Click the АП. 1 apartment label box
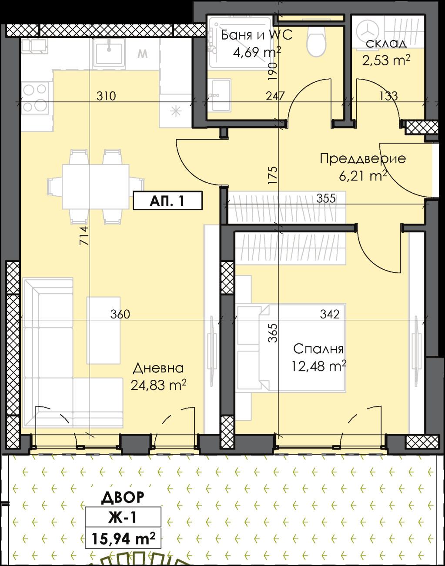pos(167,201)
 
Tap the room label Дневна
pos(158,368)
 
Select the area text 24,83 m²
pos(159,385)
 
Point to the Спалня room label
pos(318,349)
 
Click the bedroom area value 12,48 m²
pos(319,366)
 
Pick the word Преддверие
pos(363,159)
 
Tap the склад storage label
pos(386,44)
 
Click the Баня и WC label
pos(256,35)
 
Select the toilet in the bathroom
pos(316,42)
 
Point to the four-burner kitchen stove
pos(35,98)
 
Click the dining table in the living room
pos(96,187)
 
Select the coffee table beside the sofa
pos(104,331)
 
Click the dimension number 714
pos(84,236)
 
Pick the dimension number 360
pos(120,314)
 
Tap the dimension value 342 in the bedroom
pos(330,314)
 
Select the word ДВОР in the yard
pos(123,498)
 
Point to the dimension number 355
pos(326,198)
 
